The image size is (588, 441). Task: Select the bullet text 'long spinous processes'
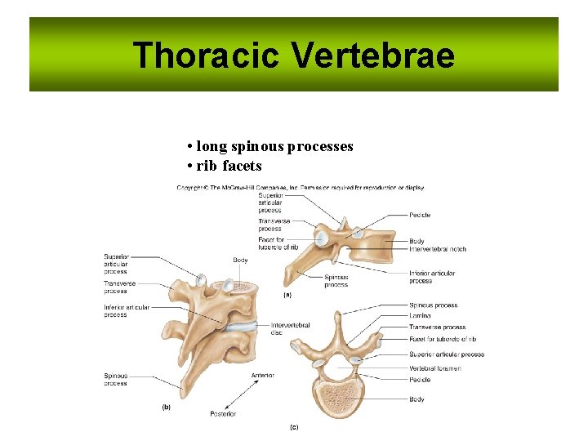pos(274,146)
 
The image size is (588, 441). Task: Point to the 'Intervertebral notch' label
pos(438,249)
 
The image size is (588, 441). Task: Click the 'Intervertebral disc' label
pos(290,328)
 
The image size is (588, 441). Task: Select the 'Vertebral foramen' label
pos(435,368)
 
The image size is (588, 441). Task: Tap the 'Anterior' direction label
pos(262,375)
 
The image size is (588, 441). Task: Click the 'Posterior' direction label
pos(223,414)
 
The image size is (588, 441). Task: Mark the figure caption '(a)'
pos(287,294)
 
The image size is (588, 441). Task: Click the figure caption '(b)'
pos(166,406)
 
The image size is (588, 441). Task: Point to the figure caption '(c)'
pos(294,426)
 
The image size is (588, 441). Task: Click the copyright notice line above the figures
pos(301,188)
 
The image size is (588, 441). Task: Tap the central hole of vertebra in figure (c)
pos(340,368)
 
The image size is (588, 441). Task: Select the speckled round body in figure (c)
pos(340,398)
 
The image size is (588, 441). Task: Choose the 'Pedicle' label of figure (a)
pos(420,215)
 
